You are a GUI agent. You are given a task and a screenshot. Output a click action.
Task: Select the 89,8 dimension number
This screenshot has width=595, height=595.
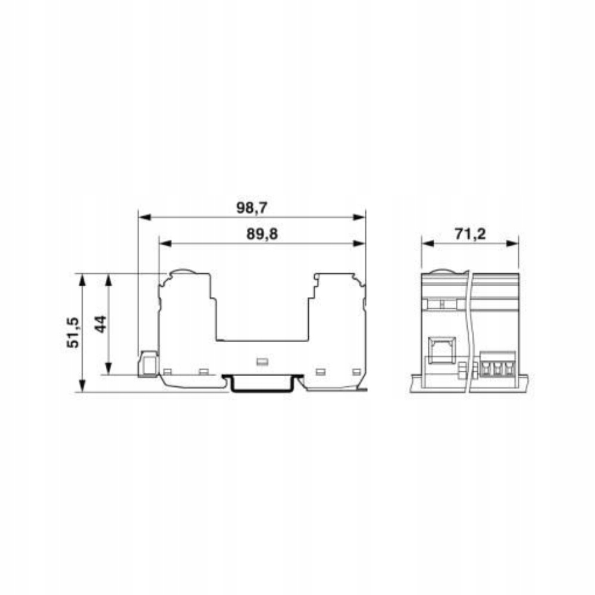pyautogui.click(x=262, y=234)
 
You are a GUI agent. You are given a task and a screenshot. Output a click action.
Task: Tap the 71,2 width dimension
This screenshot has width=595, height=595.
pyautogui.click(x=470, y=234)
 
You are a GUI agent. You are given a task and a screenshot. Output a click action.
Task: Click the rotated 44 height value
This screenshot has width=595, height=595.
pyautogui.click(x=101, y=324)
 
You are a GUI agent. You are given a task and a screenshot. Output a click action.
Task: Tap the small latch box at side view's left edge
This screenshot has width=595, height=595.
pyautogui.click(x=148, y=364)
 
